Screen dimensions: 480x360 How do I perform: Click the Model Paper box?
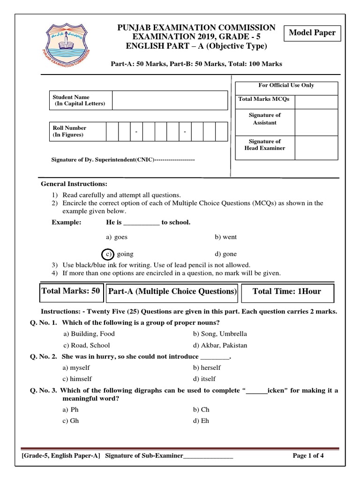pos(312,33)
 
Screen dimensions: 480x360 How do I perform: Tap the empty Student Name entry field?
pos(170,100)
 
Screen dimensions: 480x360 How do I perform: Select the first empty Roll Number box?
pos(112,131)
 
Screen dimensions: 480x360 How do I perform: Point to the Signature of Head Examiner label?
pos(265,144)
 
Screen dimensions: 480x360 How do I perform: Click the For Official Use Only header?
pos(286,85)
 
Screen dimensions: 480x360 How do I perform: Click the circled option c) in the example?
pos(108,254)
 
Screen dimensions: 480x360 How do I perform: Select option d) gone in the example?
pos(226,254)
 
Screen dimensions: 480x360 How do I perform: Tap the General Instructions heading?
pos(74,183)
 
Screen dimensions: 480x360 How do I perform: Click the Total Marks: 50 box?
pos(71,291)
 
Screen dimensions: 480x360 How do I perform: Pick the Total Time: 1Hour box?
pos(287,292)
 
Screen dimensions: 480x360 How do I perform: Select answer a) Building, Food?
pos(89,334)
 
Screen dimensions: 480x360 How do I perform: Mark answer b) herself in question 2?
pos(207,367)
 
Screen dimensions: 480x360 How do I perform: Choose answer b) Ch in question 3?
pos(201,409)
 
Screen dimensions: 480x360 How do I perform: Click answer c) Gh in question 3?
pos(71,420)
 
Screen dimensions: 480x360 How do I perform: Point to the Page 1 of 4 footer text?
pos(308,456)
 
